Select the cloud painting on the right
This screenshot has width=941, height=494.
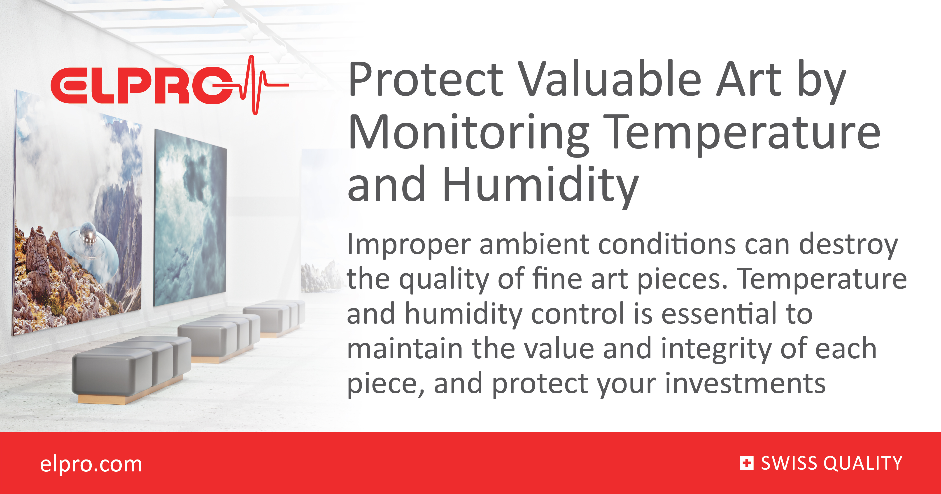[x=190, y=219]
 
